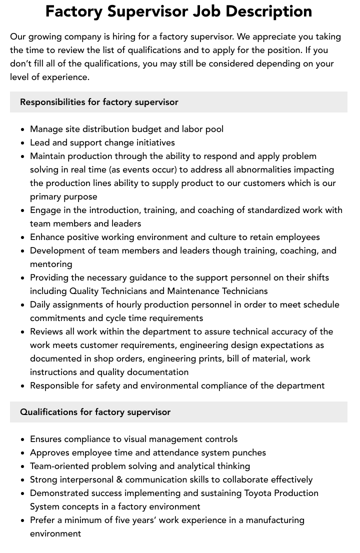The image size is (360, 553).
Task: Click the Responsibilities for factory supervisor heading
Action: click(99, 102)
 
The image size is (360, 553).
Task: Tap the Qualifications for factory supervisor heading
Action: click(95, 412)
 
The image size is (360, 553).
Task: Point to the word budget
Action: click(155, 129)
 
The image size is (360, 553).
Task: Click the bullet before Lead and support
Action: click(23, 143)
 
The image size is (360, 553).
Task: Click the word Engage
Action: click(45, 210)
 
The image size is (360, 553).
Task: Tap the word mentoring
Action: click(51, 264)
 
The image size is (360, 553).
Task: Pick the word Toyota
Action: click(261, 493)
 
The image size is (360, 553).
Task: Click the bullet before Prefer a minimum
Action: click(23, 520)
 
